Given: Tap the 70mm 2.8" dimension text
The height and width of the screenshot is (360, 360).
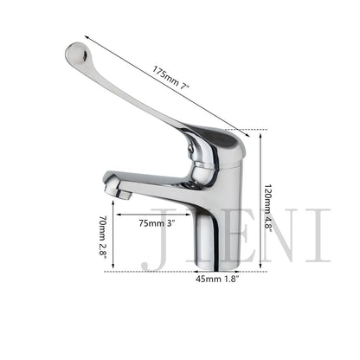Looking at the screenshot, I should click(103, 238).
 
